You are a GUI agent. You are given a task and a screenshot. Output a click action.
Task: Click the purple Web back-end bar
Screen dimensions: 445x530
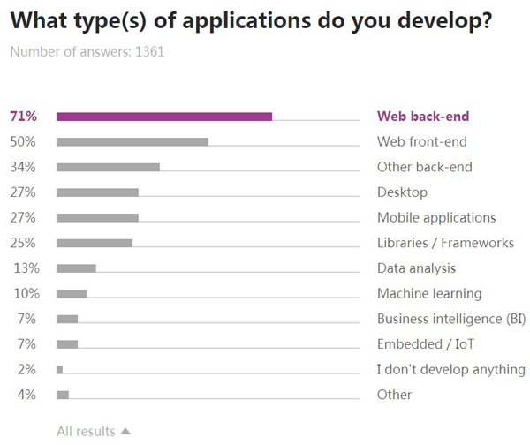pyautogui.click(x=163, y=116)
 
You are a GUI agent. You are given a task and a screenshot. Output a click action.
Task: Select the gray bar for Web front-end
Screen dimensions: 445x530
pyautogui.click(x=132, y=141)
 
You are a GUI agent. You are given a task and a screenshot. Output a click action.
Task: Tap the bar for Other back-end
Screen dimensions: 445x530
pyautogui.click(x=108, y=167)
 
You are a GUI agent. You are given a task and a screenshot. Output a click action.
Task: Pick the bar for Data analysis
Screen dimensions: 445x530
pyautogui.click(x=76, y=268)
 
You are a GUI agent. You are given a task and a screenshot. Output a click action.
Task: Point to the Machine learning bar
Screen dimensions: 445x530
pyautogui.click(x=72, y=293)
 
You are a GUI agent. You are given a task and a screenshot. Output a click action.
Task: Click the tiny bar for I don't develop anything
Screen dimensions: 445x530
pyautogui.click(x=59, y=369)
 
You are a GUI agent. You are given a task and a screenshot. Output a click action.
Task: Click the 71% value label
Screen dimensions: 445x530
pyautogui.click(x=22, y=117)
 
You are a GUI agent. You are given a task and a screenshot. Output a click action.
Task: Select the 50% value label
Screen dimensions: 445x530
pyautogui.click(x=22, y=141)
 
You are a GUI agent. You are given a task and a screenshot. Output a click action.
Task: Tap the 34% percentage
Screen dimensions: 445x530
pyautogui.click(x=22, y=167)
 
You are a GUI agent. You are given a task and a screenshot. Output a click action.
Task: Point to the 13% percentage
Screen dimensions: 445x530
pyautogui.click(x=25, y=268)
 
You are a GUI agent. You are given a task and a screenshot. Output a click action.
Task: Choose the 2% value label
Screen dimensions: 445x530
pyautogui.click(x=26, y=369)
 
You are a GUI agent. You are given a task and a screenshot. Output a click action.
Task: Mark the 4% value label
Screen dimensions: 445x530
pyautogui.click(x=26, y=395)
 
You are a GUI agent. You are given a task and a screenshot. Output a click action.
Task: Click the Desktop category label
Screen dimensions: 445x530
pyautogui.click(x=402, y=192)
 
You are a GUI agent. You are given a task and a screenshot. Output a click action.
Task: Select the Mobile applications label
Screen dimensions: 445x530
pyautogui.click(x=436, y=218)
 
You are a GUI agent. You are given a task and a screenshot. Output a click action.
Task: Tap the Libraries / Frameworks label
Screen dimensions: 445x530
pyautogui.click(x=445, y=243)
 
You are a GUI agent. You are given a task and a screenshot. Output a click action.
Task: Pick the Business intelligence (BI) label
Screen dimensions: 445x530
pyautogui.click(x=451, y=319)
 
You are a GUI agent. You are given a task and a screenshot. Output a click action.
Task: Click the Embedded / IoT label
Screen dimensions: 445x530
pyautogui.click(x=420, y=344)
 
